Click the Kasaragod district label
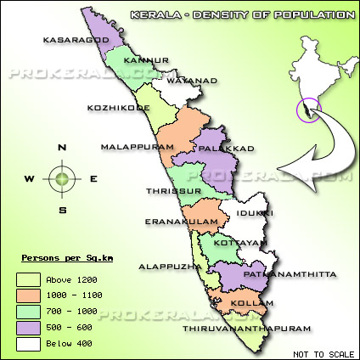55,40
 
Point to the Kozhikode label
119,108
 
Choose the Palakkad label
226,149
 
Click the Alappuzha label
170,266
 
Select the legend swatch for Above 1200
30,279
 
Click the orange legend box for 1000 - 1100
30,295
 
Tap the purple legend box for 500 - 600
30,328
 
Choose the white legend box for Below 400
30,344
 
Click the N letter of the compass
62,147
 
